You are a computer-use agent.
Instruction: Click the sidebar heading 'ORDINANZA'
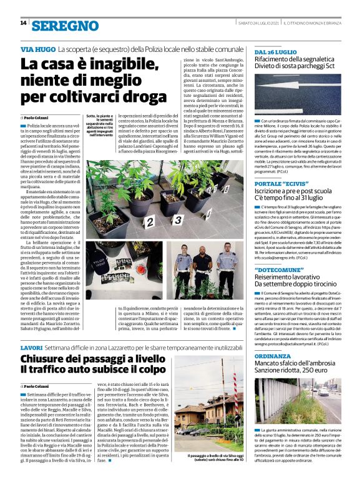(x=272, y=355)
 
